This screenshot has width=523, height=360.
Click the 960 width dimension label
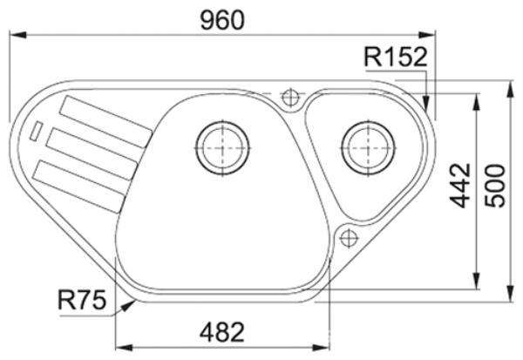click(x=222, y=20)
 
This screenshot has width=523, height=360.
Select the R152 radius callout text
click(x=396, y=57)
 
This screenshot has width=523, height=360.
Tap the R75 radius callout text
click(x=82, y=300)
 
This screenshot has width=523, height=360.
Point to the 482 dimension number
click(x=222, y=332)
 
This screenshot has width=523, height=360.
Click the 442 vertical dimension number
click(x=460, y=186)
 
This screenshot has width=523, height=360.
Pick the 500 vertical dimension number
click(x=495, y=186)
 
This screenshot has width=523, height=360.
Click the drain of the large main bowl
click(x=222, y=148)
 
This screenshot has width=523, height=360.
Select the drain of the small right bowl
click(x=368, y=148)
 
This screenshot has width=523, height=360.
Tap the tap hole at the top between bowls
click(x=290, y=98)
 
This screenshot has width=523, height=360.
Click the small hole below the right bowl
click(x=349, y=238)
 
